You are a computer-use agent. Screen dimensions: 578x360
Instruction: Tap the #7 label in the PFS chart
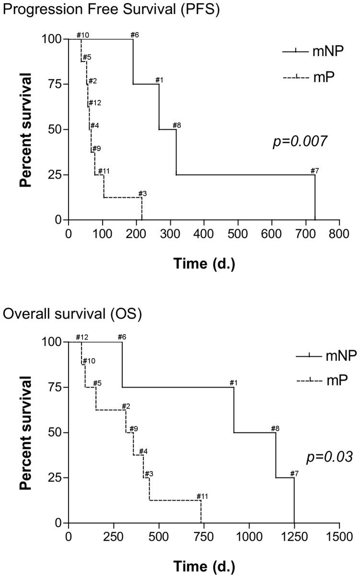point(315,171)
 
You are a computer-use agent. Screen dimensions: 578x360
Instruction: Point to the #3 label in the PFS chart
point(142,193)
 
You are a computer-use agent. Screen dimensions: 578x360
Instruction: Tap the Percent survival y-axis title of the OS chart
point(27,433)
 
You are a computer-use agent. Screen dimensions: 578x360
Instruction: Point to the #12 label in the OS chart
point(82,337)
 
